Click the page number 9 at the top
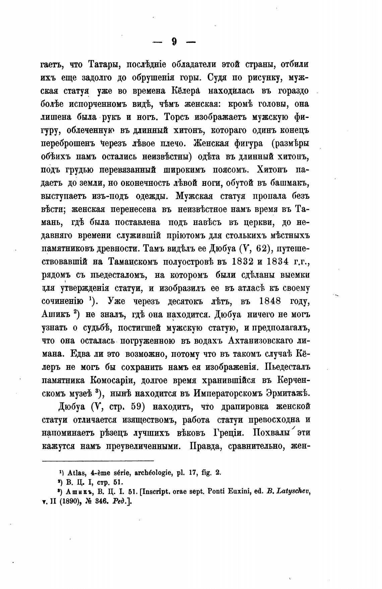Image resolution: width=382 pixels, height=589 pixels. tap(174, 42)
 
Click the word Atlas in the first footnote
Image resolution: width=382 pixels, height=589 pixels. tap(75, 473)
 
